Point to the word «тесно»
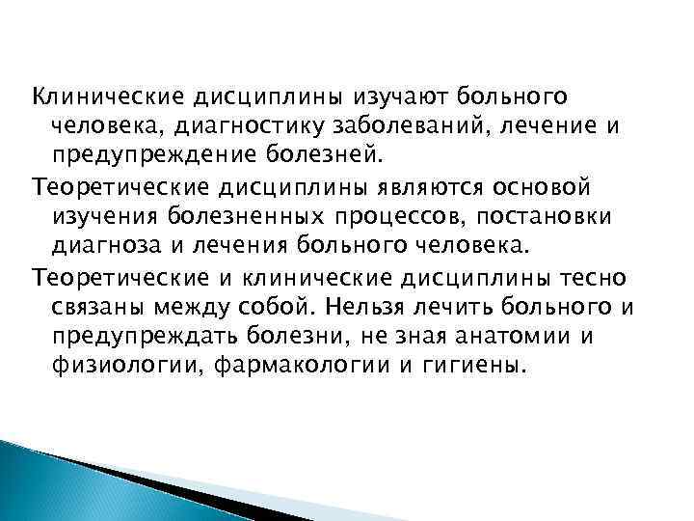point(598,279)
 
